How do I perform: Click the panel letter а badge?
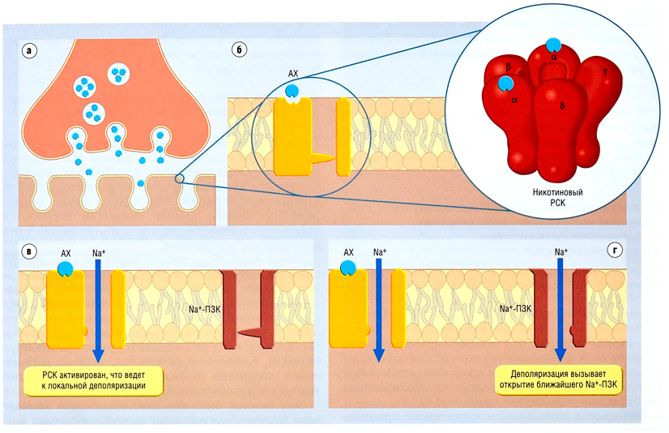point(31,49)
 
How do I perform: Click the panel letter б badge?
point(239,49)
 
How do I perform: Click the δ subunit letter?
point(560,105)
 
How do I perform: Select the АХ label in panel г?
point(350,253)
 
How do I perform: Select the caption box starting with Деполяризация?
point(560,380)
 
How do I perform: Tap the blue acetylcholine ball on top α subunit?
point(552,45)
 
